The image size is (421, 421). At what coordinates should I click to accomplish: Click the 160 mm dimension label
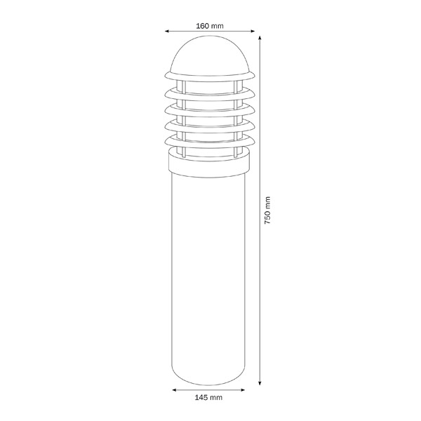click(x=210, y=26)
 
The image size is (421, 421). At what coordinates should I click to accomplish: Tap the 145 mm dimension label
click(x=208, y=397)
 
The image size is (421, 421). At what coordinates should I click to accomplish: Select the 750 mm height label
click(x=267, y=210)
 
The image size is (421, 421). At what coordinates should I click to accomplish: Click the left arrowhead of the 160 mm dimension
click(x=167, y=31)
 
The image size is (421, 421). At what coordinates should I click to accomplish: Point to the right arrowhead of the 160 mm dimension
click(x=253, y=31)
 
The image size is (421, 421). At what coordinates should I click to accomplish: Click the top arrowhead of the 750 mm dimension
click(x=260, y=38)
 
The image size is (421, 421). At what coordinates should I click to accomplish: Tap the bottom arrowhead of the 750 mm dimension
click(x=260, y=383)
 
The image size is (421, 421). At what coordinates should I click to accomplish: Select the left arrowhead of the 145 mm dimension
click(x=174, y=390)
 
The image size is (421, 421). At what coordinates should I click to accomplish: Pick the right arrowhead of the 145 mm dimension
click(x=243, y=390)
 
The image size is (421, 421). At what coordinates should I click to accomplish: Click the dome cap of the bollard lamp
click(x=210, y=55)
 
